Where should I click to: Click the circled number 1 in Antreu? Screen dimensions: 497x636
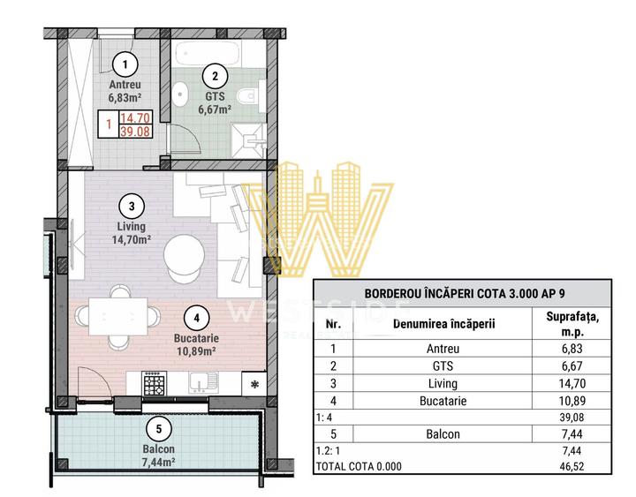click(x=125, y=64)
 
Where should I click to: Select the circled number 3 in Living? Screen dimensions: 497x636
click(x=131, y=207)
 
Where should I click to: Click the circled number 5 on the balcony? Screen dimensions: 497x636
click(x=158, y=430)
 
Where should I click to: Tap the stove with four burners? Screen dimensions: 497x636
click(x=155, y=384)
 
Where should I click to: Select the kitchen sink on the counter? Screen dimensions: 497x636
click(x=206, y=384)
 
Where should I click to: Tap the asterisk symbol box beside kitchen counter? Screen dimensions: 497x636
click(x=255, y=385)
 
